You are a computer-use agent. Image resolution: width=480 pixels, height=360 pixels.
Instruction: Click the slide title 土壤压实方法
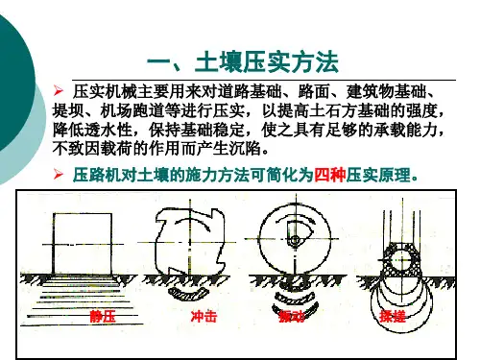(267, 62)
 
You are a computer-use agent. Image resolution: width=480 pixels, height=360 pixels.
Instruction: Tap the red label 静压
(103, 317)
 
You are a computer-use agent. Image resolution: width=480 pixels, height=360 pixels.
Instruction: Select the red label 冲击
(204, 317)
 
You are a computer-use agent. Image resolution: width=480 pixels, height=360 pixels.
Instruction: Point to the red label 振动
(292, 317)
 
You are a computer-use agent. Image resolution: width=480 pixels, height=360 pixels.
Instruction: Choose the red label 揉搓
(393, 317)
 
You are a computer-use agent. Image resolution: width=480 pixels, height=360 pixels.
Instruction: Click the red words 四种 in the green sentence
(329, 175)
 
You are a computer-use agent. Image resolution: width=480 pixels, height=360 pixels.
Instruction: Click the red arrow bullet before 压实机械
(59, 91)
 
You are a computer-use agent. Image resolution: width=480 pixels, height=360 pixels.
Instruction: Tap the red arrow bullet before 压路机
(59, 175)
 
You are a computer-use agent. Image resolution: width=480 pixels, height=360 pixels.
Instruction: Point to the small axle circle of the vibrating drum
(295, 240)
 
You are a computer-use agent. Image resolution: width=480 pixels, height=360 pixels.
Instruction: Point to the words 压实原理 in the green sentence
(378, 175)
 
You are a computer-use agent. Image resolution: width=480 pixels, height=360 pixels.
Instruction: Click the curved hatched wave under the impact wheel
(189, 295)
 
